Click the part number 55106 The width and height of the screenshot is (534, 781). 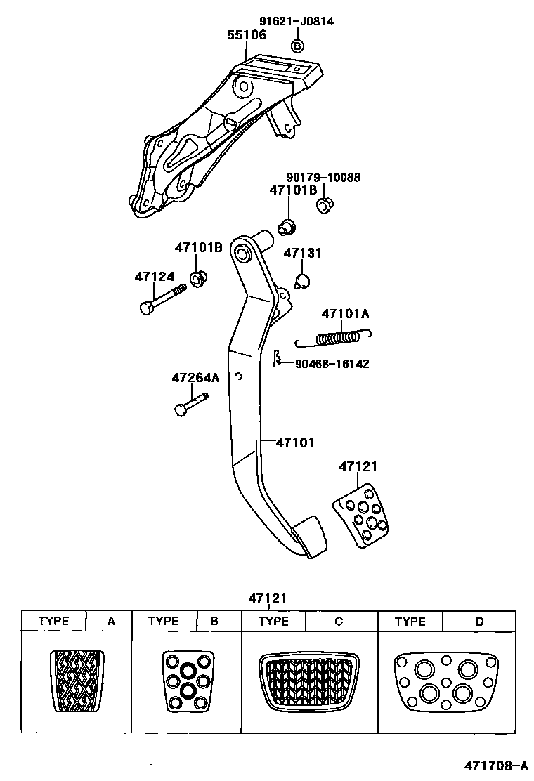click(247, 35)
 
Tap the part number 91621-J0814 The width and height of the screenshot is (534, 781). click(297, 21)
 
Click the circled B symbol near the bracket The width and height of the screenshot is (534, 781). click(297, 46)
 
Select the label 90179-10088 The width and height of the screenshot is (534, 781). click(323, 178)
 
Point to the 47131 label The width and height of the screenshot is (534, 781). click(303, 253)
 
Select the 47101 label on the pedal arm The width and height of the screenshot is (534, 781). click(294, 442)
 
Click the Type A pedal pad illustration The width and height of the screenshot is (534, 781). click(77, 681)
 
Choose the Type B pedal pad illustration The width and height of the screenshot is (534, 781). click(188, 681)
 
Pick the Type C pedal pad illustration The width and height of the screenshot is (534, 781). click(309, 681)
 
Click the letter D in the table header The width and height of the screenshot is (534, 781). click(480, 621)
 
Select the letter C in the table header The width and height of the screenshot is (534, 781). click(339, 621)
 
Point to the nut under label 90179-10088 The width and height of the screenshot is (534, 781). click(324, 206)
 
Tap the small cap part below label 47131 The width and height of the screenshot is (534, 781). click(303, 282)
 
